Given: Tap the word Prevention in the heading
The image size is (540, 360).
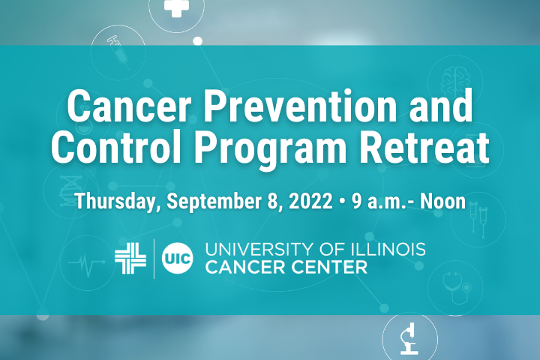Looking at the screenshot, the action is [x=299, y=106].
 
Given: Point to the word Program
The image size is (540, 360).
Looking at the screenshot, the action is [x=271, y=150].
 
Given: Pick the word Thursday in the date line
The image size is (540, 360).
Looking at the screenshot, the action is [x=115, y=202].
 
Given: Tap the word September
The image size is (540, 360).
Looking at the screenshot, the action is [x=214, y=202].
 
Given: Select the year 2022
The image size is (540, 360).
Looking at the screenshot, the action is [x=310, y=201].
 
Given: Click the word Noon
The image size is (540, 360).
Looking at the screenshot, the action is [x=442, y=201].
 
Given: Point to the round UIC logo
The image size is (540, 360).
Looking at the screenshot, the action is [x=177, y=258].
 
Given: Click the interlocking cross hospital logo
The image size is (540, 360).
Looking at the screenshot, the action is [x=130, y=258].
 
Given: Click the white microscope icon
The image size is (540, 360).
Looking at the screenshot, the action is [x=409, y=339].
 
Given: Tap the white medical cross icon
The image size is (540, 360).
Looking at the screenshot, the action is [x=177, y=7].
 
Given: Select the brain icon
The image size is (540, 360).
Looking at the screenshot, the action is [x=455, y=82].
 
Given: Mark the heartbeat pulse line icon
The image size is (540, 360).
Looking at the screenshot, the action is [x=86, y=263].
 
